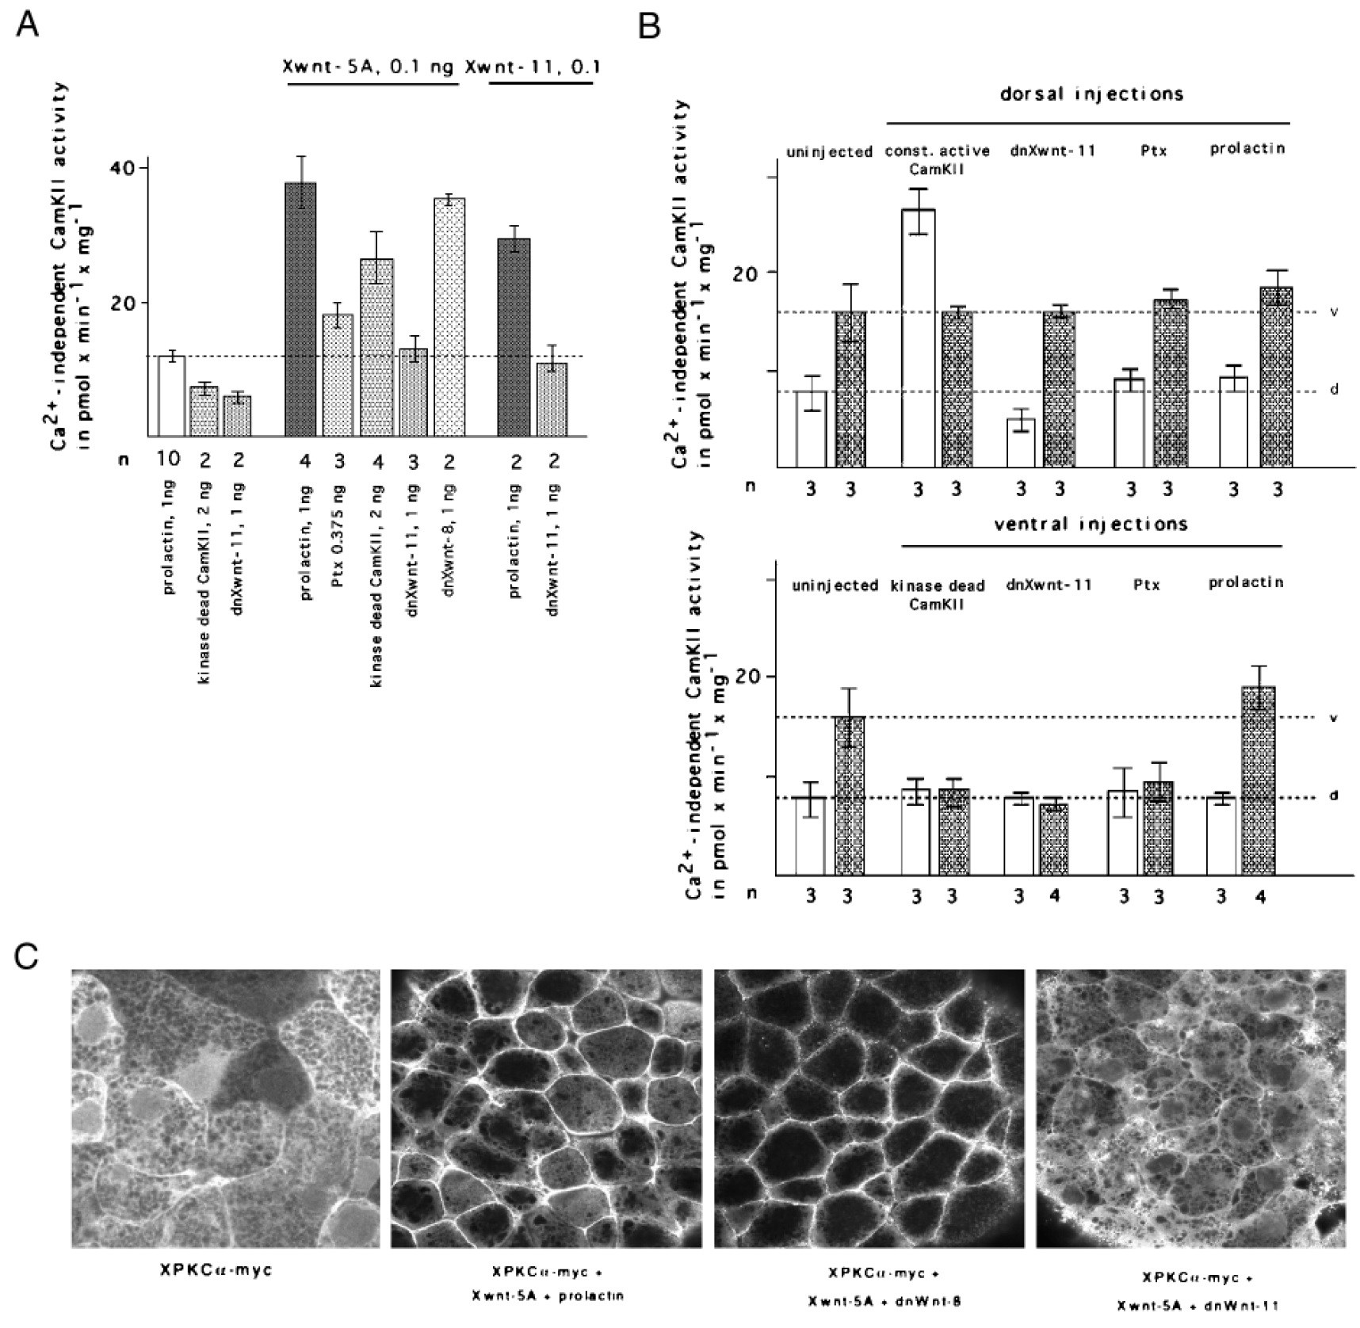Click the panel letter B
(649, 25)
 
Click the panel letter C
(28, 957)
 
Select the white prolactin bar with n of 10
(171, 396)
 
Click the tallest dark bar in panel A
(300, 309)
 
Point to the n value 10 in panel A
(171, 459)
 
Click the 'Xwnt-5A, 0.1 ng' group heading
(369, 67)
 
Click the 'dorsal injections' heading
(1091, 94)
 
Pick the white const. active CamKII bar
(919, 338)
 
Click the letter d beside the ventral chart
(1334, 796)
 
